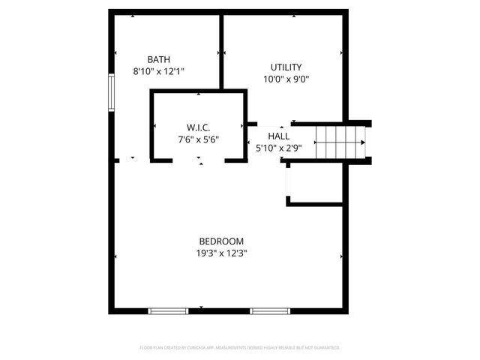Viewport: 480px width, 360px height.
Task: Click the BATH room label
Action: (x=158, y=59)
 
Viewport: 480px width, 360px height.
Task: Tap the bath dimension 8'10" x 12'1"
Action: (x=158, y=70)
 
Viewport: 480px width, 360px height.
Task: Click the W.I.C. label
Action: (x=198, y=127)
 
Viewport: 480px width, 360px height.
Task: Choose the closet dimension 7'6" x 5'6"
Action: (x=198, y=139)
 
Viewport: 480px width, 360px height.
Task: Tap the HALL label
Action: (x=278, y=136)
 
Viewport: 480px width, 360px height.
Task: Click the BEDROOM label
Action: (x=221, y=241)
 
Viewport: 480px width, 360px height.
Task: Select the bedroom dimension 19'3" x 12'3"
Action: (x=221, y=253)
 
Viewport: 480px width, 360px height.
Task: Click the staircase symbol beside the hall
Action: (x=339, y=142)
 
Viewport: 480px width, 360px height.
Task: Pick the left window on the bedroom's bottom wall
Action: (x=168, y=310)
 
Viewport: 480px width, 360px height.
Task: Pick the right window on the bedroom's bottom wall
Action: (x=270, y=310)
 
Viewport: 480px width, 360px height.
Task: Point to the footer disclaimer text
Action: (x=240, y=348)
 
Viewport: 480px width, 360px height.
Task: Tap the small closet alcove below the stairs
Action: (x=315, y=184)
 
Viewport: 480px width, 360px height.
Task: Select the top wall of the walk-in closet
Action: (x=198, y=91)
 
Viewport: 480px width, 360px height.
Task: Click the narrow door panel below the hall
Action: (x=286, y=179)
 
